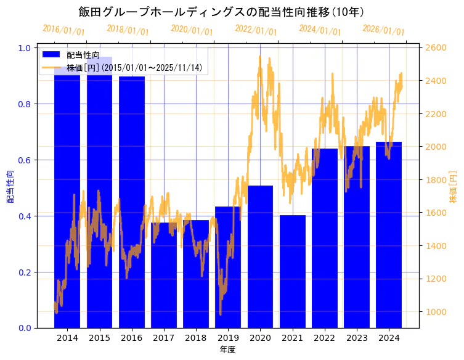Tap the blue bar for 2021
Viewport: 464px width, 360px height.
point(292,271)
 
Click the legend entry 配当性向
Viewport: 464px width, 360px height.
point(83,55)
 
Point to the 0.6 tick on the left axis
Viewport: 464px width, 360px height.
point(28,160)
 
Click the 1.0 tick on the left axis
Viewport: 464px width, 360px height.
point(28,48)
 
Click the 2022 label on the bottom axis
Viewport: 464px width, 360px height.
point(324,338)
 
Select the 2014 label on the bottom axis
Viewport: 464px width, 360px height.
point(67,338)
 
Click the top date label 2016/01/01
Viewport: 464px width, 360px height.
point(64,30)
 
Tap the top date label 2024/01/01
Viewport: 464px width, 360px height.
point(320,30)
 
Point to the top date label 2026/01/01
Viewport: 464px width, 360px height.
point(383,30)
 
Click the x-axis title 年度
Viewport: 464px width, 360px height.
point(227,350)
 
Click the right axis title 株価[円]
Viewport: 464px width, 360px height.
point(453,187)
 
